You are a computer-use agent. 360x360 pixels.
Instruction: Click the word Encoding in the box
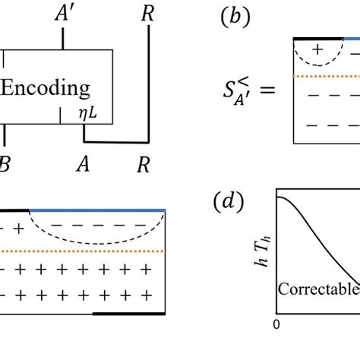[x=45, y=88]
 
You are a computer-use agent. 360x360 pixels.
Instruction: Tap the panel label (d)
[x=229, y=202]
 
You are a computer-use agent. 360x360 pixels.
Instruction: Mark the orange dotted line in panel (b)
[x=327, y=77]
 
